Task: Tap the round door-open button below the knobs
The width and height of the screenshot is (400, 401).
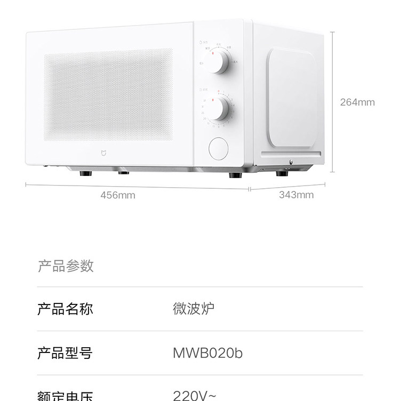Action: (x=218, y=148)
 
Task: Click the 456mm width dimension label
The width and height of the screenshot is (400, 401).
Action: (x=118, y=195)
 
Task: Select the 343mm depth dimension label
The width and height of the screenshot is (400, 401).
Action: (x=296, y=195)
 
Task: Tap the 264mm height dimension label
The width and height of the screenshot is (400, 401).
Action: (x=357, y=102)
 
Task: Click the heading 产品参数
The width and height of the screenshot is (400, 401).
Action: (x=66, y=266)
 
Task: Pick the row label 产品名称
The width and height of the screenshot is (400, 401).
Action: (x=65, y=309)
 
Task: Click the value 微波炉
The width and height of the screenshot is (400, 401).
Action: (x=194, y=309)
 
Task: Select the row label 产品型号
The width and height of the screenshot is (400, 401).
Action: (x=65, y=352)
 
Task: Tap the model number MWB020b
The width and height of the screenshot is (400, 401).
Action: (x=208, y=352)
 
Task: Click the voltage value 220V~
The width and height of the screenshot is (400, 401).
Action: (x=195, y=395)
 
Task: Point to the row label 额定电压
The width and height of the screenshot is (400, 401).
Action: (x=65, y=396)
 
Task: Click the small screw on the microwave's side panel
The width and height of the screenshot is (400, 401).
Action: (x=290, y=162)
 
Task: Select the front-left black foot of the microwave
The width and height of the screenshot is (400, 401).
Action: (x=84, y=173)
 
